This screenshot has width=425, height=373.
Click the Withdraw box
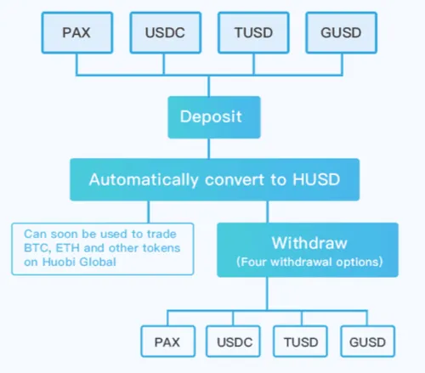pyautogui.click(x=307, y=250)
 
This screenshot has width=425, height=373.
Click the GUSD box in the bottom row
pyautogui.click(x=366, y=342)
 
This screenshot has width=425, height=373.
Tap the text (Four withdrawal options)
pyautogui.click(x=307, y=260)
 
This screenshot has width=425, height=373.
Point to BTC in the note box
pyautogui.click(x=35, y=247)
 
